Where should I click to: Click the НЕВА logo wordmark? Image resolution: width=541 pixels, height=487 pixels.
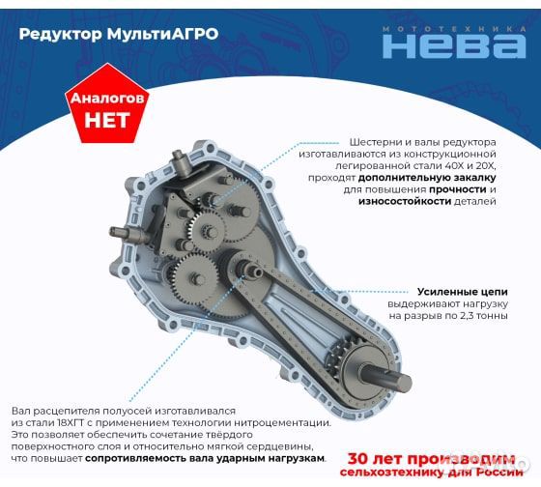[453, 45]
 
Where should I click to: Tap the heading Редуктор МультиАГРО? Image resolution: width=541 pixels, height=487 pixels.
[118, 33]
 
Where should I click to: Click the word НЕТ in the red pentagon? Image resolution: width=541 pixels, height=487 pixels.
[106, 121]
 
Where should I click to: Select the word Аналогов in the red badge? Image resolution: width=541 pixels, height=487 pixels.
[106, 100]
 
